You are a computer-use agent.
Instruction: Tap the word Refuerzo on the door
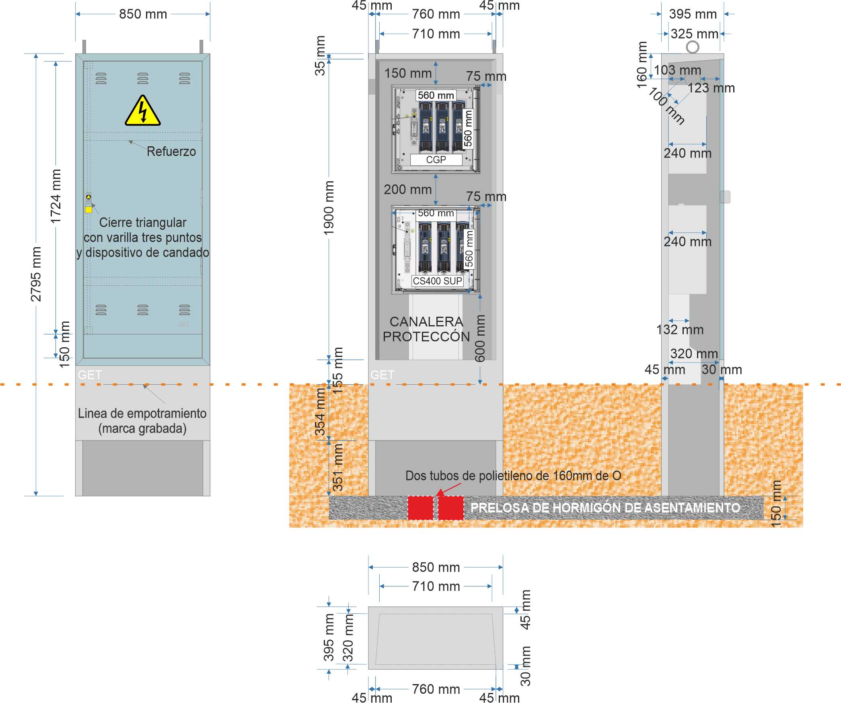click(x=171, y=152)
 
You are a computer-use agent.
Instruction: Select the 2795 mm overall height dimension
click(x=36, y=274)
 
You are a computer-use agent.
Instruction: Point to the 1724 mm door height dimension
click(x=56, y=196)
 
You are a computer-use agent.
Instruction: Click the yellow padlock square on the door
click(x=88, y=209)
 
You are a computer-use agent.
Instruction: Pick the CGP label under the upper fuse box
click(x=436, y=160)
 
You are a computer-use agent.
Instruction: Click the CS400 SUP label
click(x=437, y=281)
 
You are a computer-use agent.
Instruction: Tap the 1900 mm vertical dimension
click(x=329, y=208)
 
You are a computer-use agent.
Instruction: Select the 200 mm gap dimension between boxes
click(x=408, y=189)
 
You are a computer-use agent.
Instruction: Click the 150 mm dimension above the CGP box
click(x=408, y=73)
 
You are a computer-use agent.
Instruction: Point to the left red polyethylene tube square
click(x=420, y=508)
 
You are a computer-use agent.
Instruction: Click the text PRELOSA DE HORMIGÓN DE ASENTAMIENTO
click(x=605, y=508)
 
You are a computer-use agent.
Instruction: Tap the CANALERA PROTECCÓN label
click(x=426, y=329)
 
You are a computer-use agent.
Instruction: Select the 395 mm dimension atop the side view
click(x=693, y=14)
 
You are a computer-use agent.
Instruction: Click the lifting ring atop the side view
click(x=692, y=47)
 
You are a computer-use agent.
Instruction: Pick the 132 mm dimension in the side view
click(x=680, y=330)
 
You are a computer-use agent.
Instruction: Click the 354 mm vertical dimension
click(x=320, y=412)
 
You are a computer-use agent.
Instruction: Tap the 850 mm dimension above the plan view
click(x=436, y=567)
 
